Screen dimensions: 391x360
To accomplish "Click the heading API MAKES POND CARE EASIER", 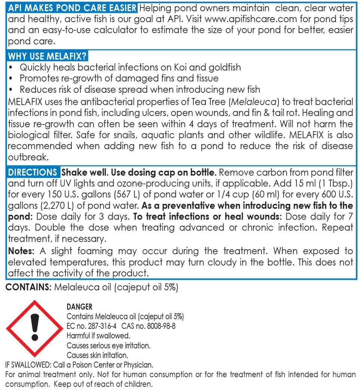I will click(x=73, y=8).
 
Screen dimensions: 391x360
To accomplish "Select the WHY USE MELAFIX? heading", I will click(x=47, y=56).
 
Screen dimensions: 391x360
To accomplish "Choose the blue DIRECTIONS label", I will click(x=33, y=173).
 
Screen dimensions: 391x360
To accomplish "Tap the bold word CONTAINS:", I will click(x=28, y=287).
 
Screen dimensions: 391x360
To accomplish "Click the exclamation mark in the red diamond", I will click(x=35, y=328).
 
